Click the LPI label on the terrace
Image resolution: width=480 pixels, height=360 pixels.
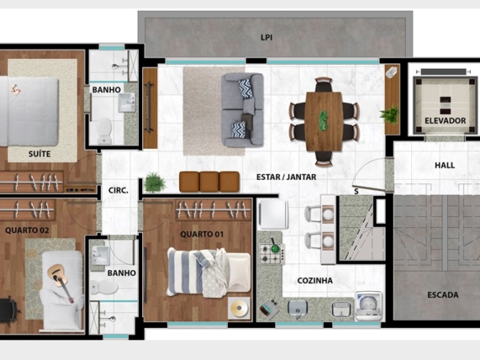point(266,37)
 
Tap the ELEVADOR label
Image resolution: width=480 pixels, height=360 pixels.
point(445,121)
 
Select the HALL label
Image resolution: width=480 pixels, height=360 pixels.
point(445,165)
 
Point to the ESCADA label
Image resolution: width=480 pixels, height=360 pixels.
point(443,295)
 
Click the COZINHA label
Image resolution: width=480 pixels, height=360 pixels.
point(315,280)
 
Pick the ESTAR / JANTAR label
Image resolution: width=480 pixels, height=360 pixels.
point(286,177)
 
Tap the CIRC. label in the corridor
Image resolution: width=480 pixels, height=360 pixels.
point(118,191)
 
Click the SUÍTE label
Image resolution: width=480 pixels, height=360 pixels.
point(39,154)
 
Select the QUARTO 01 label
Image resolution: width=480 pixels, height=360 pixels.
point(201,234)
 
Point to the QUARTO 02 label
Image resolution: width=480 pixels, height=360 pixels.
point(27,230)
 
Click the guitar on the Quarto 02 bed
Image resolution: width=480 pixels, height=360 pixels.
point(60,282)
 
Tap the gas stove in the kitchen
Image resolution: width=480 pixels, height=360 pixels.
point(272,253)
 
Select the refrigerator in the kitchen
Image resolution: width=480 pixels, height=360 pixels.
point(273,215)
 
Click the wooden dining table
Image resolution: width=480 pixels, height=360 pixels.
point(324,121)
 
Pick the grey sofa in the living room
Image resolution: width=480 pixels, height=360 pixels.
point(242,110)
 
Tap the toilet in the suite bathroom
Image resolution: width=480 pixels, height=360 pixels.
point(104,131)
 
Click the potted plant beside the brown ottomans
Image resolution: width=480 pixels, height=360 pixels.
point(155,182)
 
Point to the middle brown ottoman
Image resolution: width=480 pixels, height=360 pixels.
point(209,182)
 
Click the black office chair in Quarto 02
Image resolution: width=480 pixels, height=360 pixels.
point(8,310)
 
